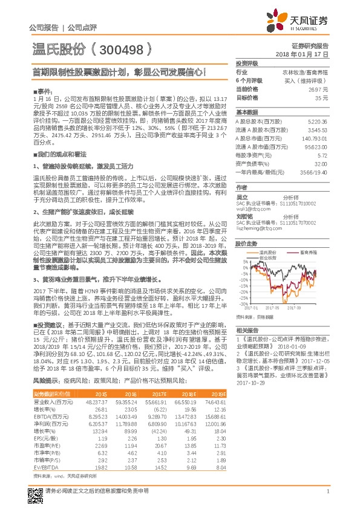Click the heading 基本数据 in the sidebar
click(246, 112)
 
